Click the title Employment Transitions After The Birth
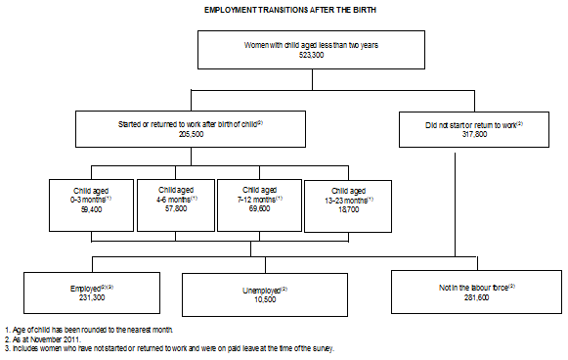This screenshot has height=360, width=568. click(283, 9)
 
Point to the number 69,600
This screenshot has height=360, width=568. click(258, 209)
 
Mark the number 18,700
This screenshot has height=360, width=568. click(348, 209)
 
